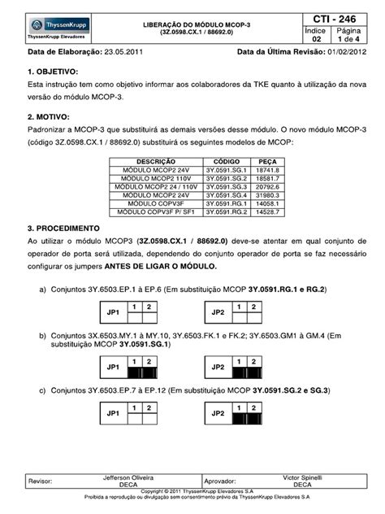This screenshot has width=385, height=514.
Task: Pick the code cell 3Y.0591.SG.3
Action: click(227, 186)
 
